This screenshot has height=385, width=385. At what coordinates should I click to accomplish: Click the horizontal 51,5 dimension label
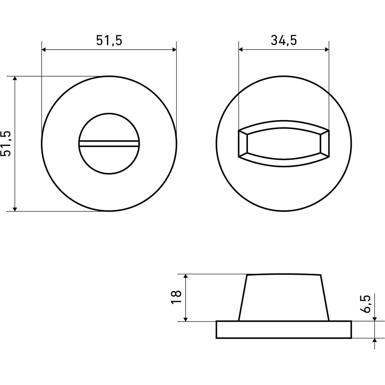(x=109, y=40)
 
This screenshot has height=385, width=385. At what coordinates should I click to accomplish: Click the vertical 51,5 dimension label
(x=6, y=144)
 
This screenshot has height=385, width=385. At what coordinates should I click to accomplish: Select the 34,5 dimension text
(x=284, y=40)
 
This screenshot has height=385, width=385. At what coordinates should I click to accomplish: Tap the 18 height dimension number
(x=176, y=297)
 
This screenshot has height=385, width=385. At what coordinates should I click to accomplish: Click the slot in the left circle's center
(x=109, y=144)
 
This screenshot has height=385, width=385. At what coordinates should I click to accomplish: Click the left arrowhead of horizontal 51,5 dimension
(x=44, y=50)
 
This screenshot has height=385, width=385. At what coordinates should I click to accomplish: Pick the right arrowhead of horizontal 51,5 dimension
(x=174, y=50)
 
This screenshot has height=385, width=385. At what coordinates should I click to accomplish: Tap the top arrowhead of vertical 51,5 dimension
(x=15, y=79)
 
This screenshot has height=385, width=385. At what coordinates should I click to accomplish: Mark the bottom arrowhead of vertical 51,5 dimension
(x=15, y=209)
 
